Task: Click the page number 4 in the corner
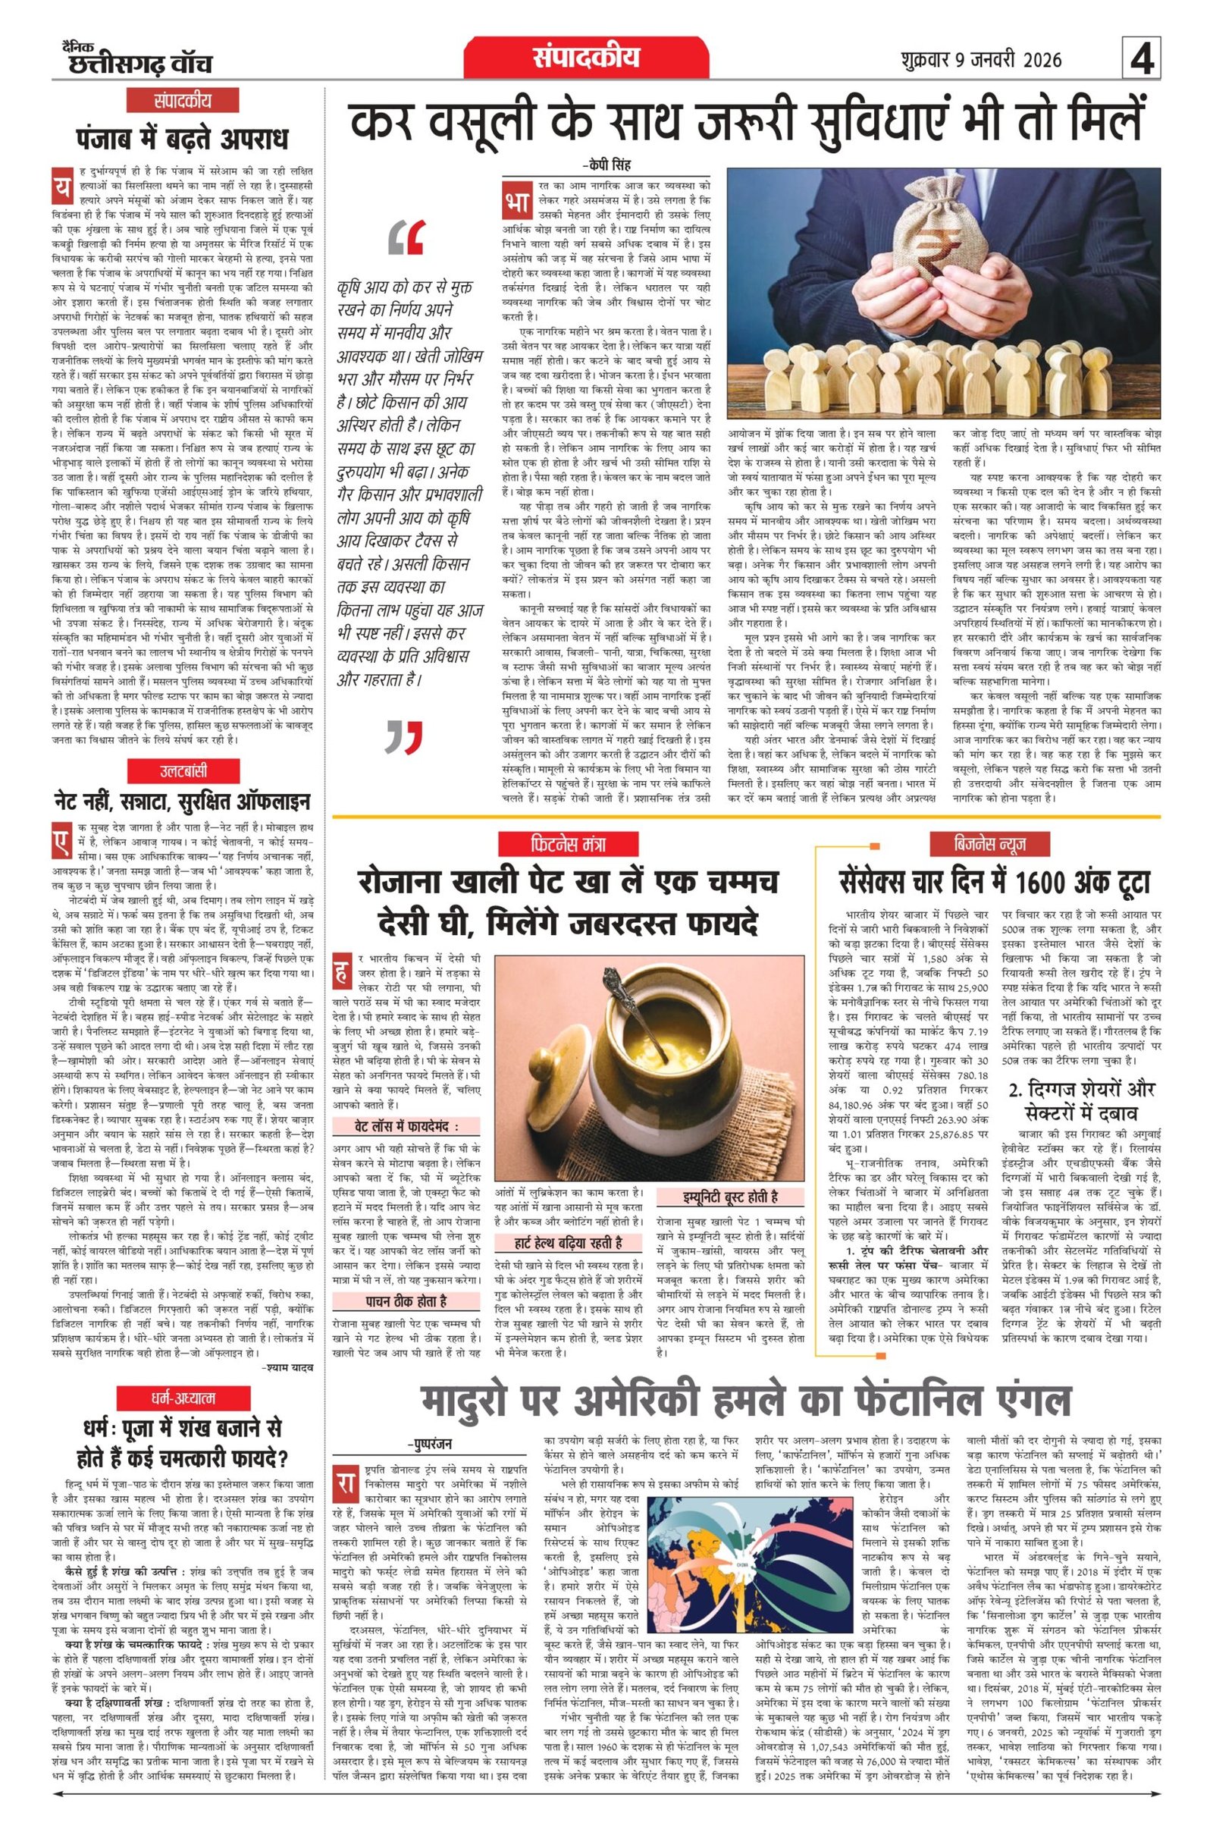coord(1142,60)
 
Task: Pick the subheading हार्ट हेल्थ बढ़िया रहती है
coord(568,1244)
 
